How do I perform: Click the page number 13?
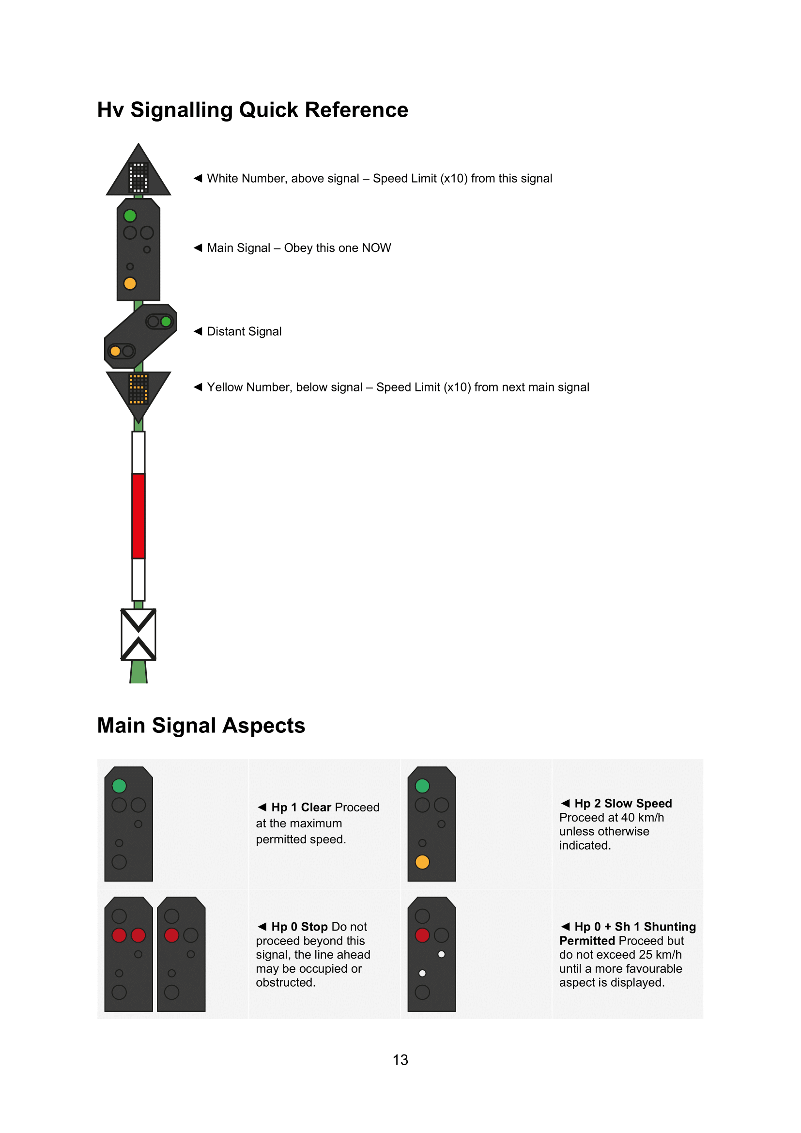(400, 1059)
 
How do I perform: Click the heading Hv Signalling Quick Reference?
(252, 109)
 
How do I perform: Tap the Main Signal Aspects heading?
(201, 726)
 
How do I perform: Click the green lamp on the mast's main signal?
(130, 216)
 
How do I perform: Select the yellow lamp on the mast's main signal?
(130, 284)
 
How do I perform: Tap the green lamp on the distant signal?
(166, 322)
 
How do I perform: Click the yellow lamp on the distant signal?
(115, 351)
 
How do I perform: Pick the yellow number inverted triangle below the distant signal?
(139, 390)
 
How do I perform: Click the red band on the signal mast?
(139, 516)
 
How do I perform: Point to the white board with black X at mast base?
(139, 635)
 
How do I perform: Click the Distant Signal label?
(244, 332)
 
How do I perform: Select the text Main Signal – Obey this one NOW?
(299, 248)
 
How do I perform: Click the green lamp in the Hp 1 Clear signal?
(119, 786)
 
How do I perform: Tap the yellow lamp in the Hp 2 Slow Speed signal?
(422, 862)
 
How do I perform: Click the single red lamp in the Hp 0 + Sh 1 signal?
(422, 935)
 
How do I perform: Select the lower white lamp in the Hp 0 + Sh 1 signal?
(422, 973)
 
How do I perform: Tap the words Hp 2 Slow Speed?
(623, 803)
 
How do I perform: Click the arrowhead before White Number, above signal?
(198, 178)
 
